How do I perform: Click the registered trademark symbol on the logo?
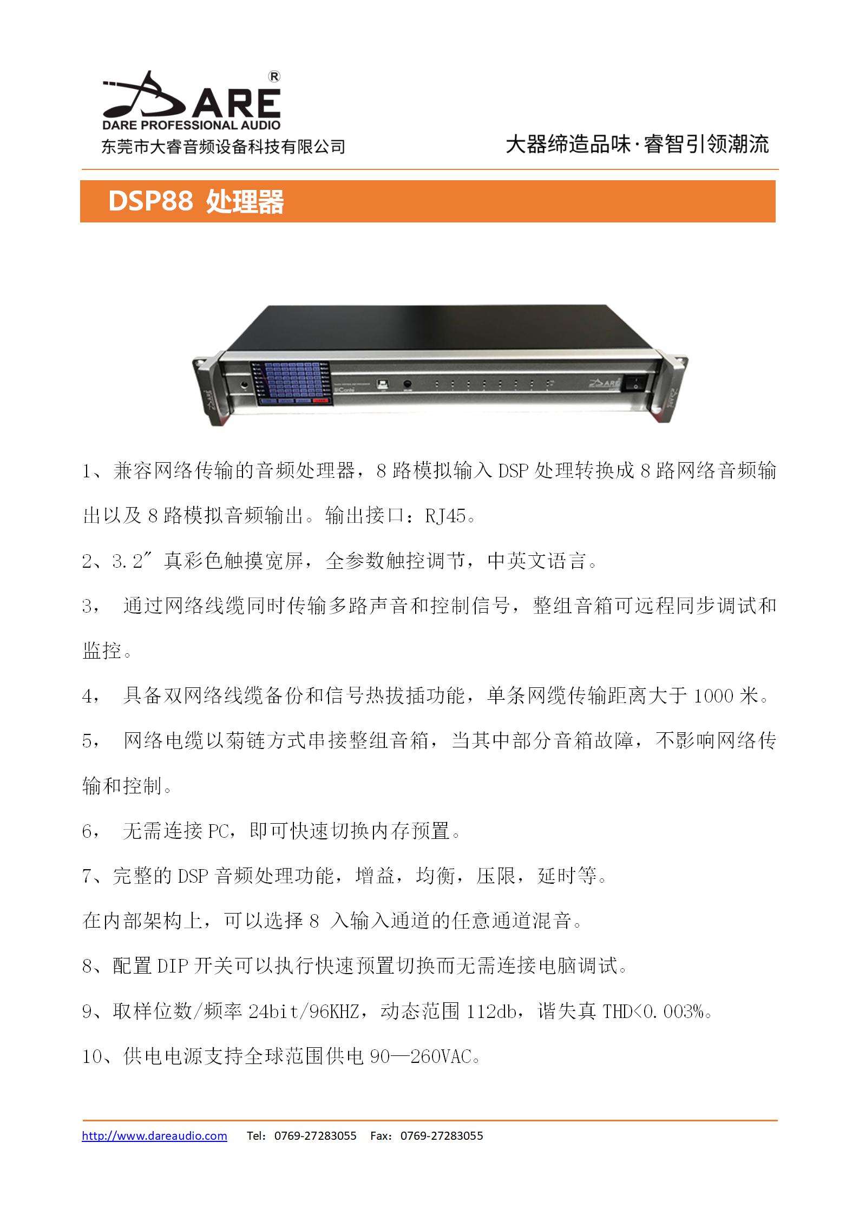tap(274, 77)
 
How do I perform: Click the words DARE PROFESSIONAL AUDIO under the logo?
tap(192, 125)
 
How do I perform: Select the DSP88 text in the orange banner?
tap(150, 201)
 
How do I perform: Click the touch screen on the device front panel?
tap(291, 383)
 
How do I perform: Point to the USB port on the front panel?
tap(383, 384)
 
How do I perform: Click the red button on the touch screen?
tap(320, 400)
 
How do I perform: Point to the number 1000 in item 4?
tap(713, 696)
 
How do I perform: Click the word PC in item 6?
tap(219, 831)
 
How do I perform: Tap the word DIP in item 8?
tap(172, 966)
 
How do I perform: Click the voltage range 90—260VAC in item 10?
tap(421, 1056)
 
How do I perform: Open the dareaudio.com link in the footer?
tap(154, 1136)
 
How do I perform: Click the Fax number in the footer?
tap(442, 1136)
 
